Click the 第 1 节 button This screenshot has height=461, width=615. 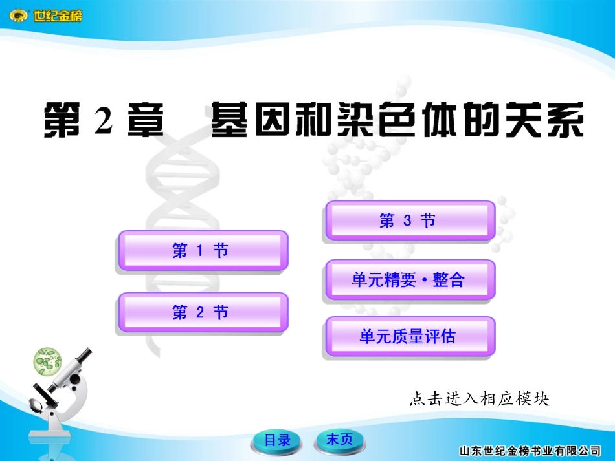point(201,251)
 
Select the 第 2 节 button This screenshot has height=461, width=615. point(201,313)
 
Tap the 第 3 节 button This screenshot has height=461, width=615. point(409,221)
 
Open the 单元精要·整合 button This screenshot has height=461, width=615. point(409,280)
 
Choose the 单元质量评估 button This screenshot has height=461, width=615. point(409,336)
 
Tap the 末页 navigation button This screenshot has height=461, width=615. point(341,440)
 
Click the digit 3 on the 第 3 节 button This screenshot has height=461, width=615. point(407,221)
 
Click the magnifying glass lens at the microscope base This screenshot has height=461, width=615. point(34,406)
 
